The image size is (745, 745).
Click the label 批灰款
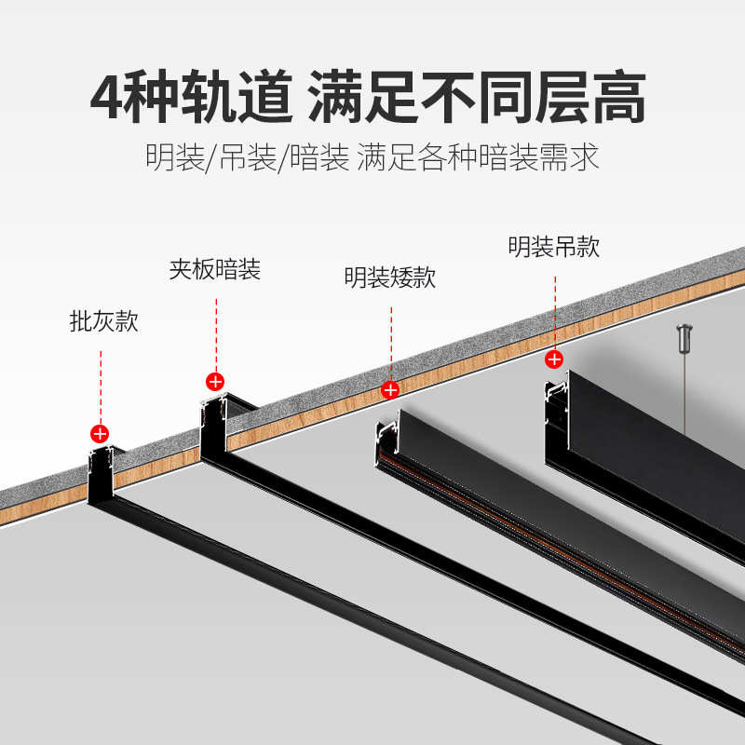[x=103, y=323]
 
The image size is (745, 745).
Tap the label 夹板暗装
[x=215, y=271]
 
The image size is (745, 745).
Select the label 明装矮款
[x=389, y=278]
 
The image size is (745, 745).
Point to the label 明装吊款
[x=553, y=247]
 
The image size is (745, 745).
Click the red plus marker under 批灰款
[x=100, y=433]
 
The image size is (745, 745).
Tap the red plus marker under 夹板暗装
[x=215, y=380]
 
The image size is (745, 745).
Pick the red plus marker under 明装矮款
[x=390, y=389]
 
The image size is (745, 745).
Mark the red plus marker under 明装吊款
[x=554, y=359]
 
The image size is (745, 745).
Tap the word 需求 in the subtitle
[x=569, y=156]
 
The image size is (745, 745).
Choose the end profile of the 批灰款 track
[x=101, y=475]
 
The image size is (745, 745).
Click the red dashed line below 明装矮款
[x=390, y=335]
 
